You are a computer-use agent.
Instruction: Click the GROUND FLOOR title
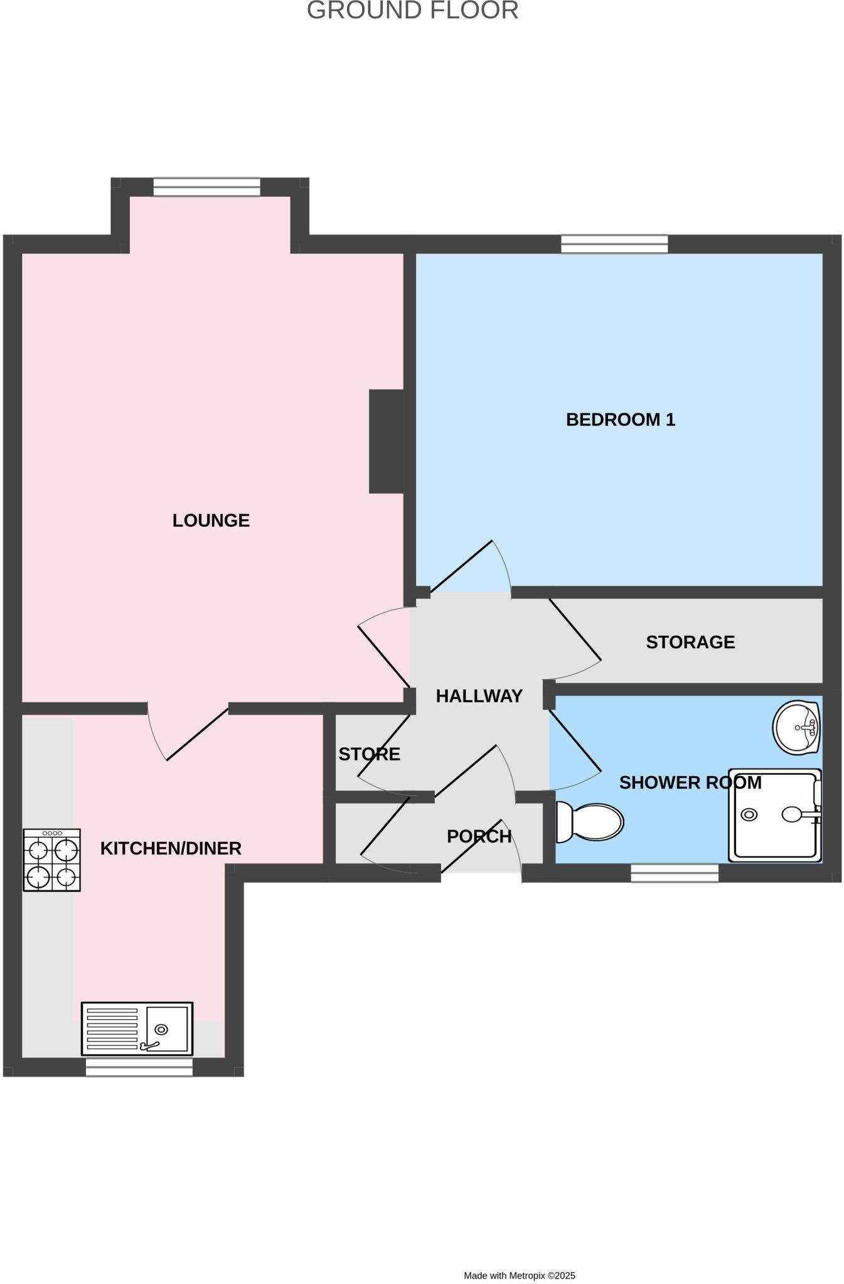(x=412, y=11)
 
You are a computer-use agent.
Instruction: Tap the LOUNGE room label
(x=211, y=520)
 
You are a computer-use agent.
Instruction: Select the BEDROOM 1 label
(x=620, y=419)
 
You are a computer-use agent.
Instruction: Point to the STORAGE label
(x=690, y=642)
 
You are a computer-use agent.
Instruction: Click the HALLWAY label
(x=479, y=696)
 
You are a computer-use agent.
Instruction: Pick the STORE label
(x=369, y=754)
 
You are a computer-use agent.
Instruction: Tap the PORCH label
(x=479, y=836)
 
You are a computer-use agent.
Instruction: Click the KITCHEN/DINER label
(x=171, y=848)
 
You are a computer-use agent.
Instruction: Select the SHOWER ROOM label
(x=690, y=782)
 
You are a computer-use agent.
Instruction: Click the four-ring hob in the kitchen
(x=52, y=860)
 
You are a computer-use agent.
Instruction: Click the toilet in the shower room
(x=590, y=822)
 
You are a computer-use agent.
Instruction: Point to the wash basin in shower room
(x=796, y=727)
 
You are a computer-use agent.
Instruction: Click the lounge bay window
(x=206, y=187)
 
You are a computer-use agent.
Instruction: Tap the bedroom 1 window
(x=614, y=244)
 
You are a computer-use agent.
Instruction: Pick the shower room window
(x=675, y=873)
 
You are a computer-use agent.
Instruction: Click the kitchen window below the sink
(x=139, y=1067)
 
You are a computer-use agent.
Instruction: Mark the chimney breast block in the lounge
(x=387, y=441)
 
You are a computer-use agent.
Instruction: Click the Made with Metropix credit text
(x=519, y=1275)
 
